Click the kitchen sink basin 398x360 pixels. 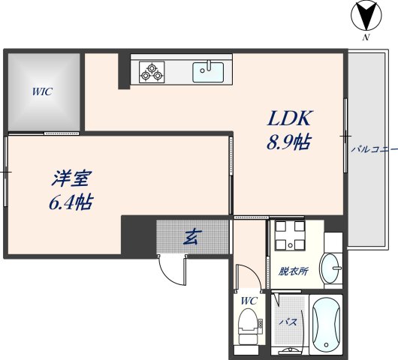click(x=209, y=72)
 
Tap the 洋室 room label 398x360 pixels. click(x=71, y=179)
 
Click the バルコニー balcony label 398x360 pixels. click(x=373, y=149)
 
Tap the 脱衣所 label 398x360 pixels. click(x=293, y=271)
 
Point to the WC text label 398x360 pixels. click(x=249, y=301)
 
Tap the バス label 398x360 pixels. click(x=288, y=322)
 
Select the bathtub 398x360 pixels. click(x=326, y=326)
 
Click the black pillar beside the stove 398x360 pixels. click(x=124, y=70)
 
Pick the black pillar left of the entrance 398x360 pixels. click(x=137, y=235)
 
